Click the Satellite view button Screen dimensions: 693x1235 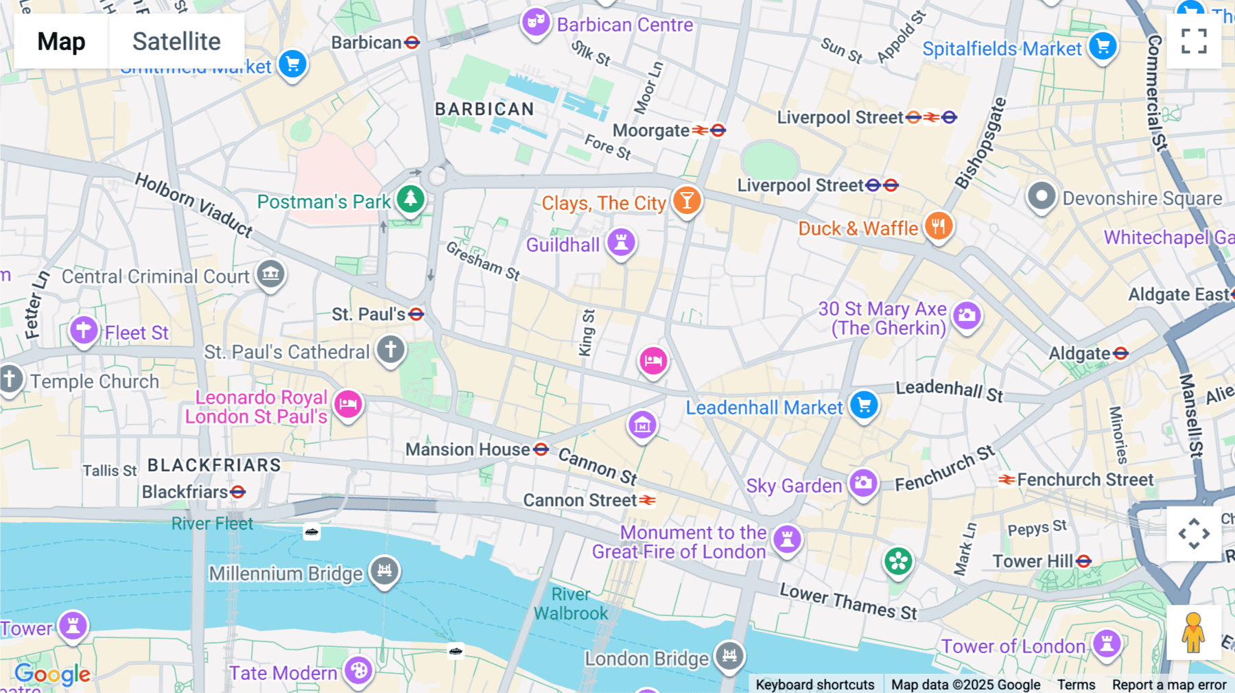point(176,41)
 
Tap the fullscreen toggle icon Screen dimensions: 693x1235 point(1194,41)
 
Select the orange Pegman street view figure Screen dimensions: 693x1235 point(1193,632)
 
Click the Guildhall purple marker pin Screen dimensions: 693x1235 point(621,242)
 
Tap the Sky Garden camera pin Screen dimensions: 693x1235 point(863,483)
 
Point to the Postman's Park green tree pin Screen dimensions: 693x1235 point(410,199)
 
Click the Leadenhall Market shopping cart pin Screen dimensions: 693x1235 point(864,405)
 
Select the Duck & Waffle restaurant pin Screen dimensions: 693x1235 point(939,226)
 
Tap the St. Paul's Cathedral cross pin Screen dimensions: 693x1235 point(390,349)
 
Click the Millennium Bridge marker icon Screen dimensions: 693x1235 point(384,570)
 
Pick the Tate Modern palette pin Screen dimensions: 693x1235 point(358,670)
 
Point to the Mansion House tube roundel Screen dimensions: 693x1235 point(541,449)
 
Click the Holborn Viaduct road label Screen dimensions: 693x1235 point(193,204)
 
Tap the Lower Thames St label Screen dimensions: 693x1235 point(848,602)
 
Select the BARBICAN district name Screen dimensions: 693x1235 point(484,109)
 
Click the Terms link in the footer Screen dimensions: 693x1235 point(1076,684)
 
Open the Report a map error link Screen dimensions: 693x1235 point(1168,684)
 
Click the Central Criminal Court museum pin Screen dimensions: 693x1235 point(270,274)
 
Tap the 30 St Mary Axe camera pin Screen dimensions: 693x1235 point(967,316)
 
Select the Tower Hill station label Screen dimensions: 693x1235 point(1033,561)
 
